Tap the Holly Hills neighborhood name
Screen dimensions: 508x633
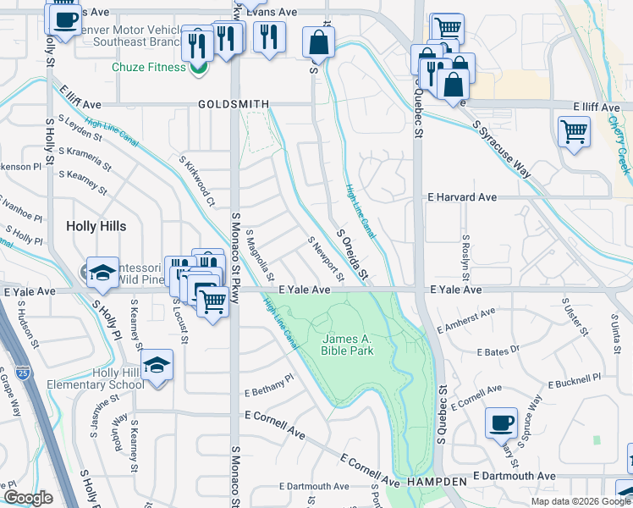[96, 226]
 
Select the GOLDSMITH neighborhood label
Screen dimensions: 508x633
[234, 104]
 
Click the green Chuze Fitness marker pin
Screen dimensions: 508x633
[199, 68]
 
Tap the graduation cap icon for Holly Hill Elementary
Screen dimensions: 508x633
[157, 365]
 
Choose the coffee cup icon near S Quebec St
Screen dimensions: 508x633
[501, 422]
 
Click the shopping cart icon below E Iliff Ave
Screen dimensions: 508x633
[574, 131]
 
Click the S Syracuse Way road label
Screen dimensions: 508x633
[503, 148]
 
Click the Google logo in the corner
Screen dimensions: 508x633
[28, 497]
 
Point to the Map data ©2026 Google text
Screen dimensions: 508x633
[580, 501]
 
